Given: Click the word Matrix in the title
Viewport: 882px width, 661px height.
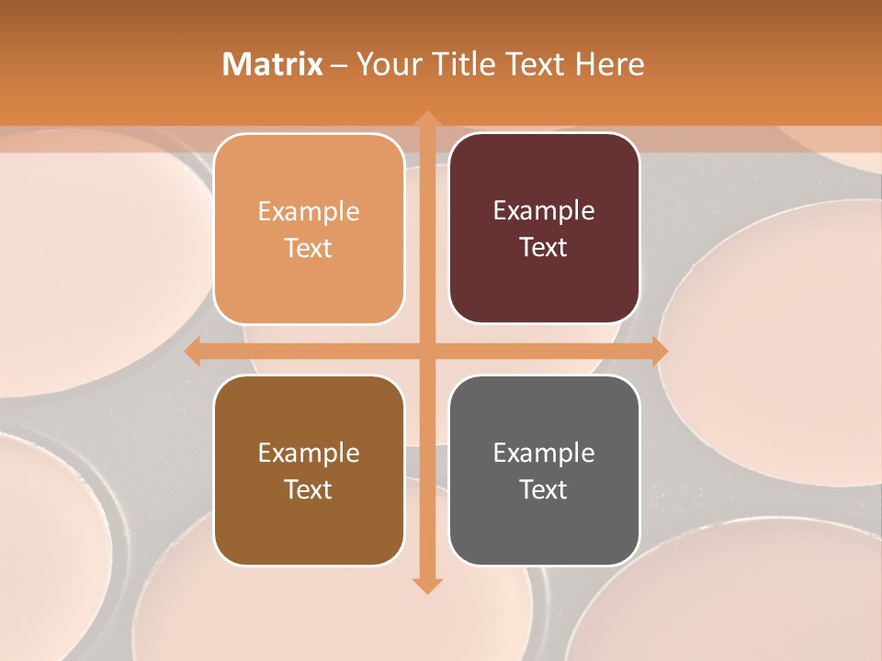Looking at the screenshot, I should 273,64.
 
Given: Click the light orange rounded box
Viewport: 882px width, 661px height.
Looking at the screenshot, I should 309,230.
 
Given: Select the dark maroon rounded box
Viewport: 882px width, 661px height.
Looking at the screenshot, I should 544,229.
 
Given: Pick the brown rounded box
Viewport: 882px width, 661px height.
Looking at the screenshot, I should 309,471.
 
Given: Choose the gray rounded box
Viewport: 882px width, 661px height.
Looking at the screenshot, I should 544,471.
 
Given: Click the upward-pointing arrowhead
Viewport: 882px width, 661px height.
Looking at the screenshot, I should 426,120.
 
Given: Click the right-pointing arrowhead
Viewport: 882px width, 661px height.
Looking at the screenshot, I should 659,351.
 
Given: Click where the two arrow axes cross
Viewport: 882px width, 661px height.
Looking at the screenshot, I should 426,351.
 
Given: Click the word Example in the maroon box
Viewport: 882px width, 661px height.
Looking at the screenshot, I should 544,211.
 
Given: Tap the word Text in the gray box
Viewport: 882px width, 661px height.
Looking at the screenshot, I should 544,489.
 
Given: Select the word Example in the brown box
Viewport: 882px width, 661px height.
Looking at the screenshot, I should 309,453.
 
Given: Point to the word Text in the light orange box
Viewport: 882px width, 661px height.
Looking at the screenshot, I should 309,248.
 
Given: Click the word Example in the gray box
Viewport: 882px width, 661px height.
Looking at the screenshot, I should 544,453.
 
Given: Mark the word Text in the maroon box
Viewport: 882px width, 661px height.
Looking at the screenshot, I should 544,247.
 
